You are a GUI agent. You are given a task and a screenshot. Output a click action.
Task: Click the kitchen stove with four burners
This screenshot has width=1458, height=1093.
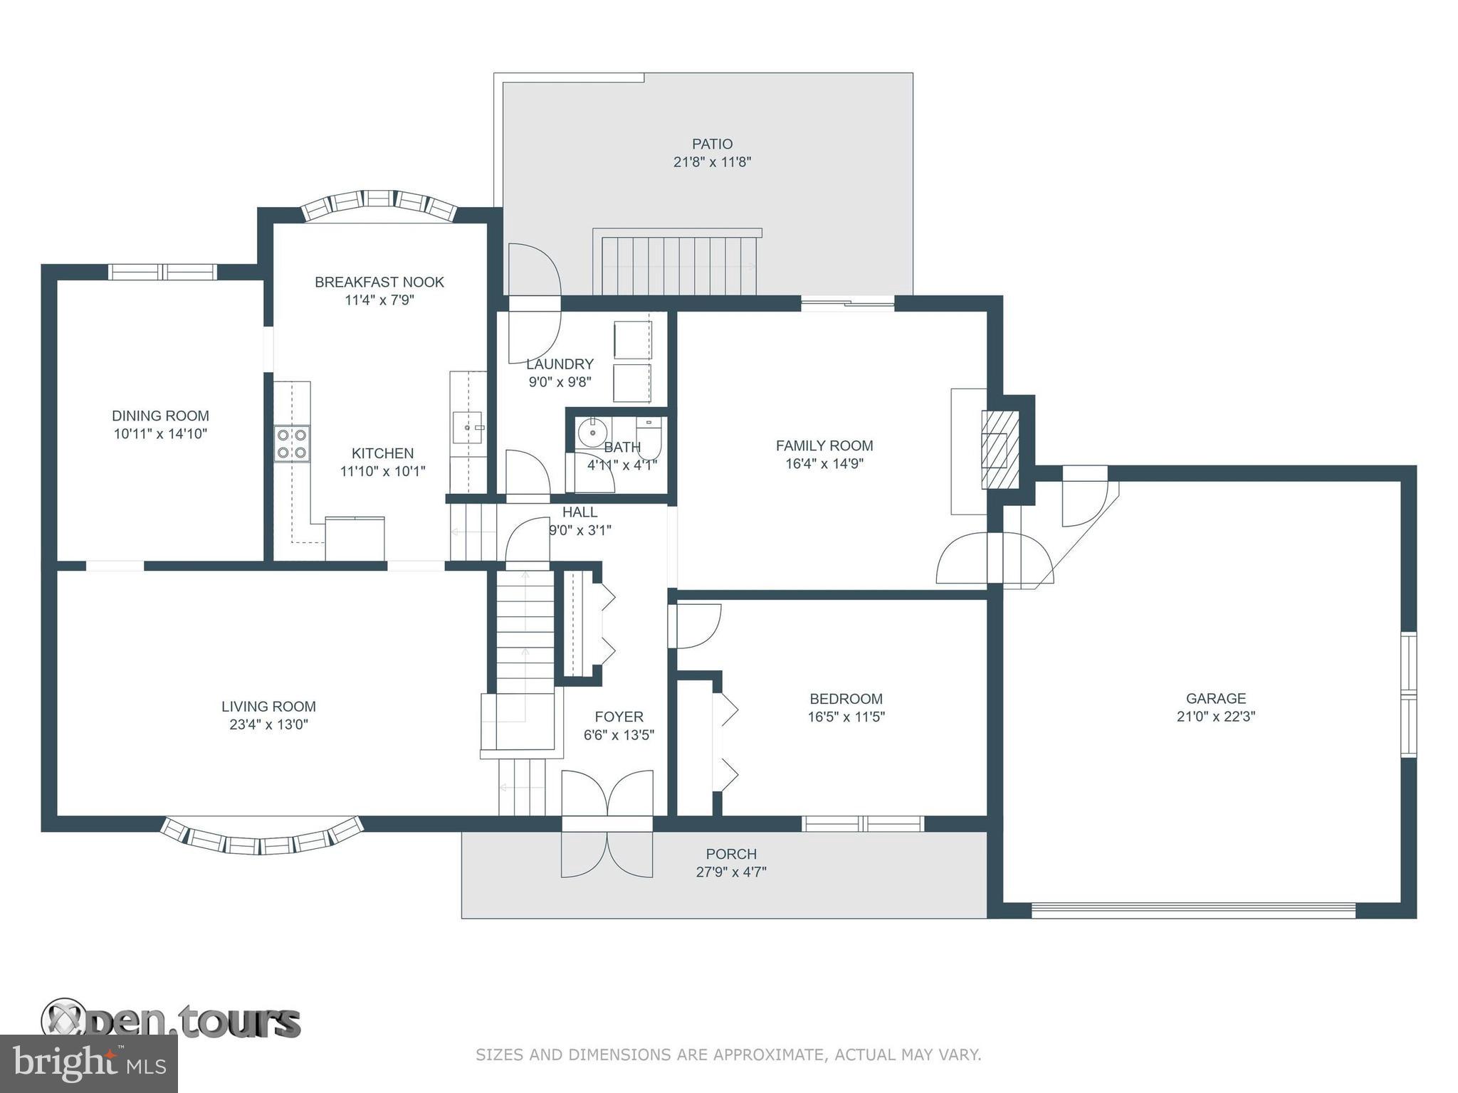[x=292, y=443]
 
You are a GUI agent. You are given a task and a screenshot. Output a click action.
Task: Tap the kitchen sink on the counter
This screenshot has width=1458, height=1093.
[x=467, y=427]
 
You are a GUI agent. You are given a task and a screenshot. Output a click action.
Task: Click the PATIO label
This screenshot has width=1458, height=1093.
[x=712, y=144]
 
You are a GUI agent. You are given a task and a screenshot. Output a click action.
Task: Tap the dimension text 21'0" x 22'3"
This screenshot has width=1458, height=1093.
[x=1215, y=717]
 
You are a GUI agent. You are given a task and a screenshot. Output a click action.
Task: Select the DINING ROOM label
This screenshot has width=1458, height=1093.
[x=160, y=416]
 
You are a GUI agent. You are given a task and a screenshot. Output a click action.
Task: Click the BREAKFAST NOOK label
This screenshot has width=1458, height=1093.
[x=379, y=282]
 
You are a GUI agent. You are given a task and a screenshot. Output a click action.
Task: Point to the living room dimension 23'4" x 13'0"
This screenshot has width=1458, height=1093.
[x=268, y=724]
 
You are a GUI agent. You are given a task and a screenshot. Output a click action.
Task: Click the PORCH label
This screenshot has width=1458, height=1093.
[x=731, y=854]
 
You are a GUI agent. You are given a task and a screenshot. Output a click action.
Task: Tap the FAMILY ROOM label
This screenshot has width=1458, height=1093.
[x=824, y=445]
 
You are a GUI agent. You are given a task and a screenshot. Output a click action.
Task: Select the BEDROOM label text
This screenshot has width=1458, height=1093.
[x=846, y=699]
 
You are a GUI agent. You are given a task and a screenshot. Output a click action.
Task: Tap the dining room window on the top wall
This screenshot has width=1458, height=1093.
[x=162, y=272]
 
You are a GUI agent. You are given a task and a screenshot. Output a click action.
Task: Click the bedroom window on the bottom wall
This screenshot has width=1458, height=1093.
[x=863, y=823]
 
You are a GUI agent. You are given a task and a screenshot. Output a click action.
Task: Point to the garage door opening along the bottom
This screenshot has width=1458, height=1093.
[x=1193, y=910]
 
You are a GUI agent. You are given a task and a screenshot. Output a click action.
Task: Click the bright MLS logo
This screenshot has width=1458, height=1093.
[x=88, y=1063]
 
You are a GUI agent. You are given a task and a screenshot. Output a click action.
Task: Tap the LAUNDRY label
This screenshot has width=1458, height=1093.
[x=560, y=364]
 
